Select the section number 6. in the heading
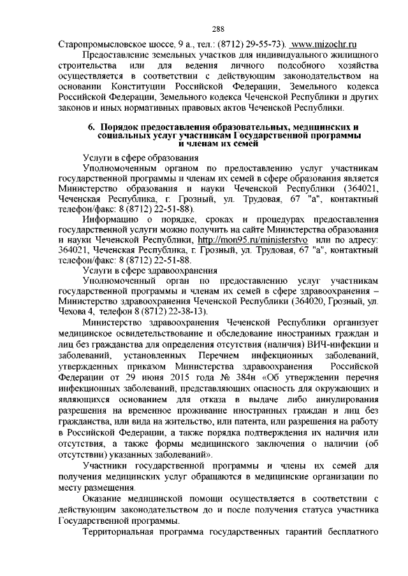click(91, 126)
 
